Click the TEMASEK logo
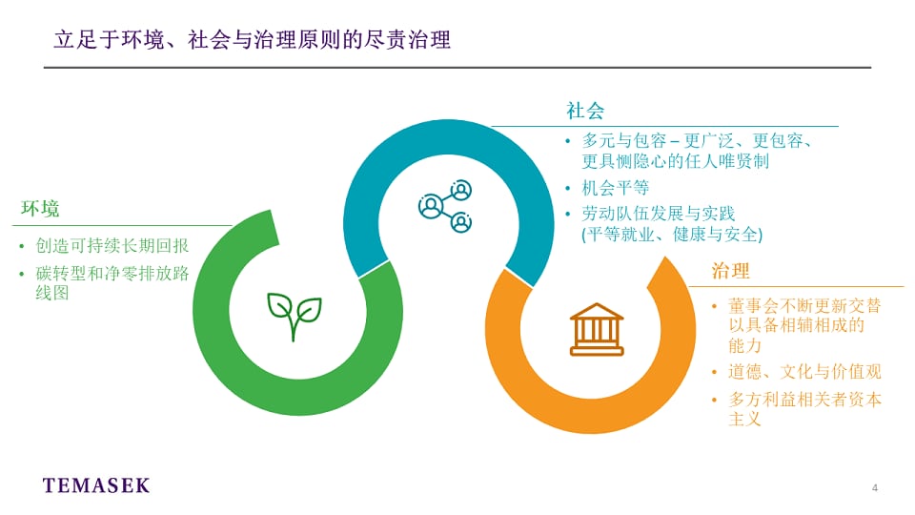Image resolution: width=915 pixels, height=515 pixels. point(96,485)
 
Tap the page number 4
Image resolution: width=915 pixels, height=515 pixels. point(875,487)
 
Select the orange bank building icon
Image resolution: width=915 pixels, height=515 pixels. point(597,329)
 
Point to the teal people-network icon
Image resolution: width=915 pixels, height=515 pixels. point(445,206)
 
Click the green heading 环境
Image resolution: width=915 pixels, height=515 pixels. point(40,209)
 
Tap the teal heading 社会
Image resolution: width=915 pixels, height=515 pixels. point(585,111)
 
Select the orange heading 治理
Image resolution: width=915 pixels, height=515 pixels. point(730,271)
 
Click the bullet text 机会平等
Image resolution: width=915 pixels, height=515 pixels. point(615,188)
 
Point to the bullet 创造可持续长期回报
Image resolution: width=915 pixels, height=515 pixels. point(112,246)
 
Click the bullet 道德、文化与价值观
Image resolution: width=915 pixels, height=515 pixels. point(804,372)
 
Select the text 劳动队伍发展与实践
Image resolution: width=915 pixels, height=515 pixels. point(659,214)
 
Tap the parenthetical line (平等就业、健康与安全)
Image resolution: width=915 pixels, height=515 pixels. point(672,235)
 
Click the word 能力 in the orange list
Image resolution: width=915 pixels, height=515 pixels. point(744,345)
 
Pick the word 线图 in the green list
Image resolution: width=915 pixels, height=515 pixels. point(51,293)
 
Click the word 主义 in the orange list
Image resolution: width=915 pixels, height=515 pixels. point(744,420)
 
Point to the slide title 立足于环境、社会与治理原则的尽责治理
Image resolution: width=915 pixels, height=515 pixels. point(252,40)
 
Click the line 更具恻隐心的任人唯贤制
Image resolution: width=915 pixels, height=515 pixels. point(675,161)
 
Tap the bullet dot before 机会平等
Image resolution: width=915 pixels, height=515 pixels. point(568,188)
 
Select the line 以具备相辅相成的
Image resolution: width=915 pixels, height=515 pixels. point(796,325)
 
